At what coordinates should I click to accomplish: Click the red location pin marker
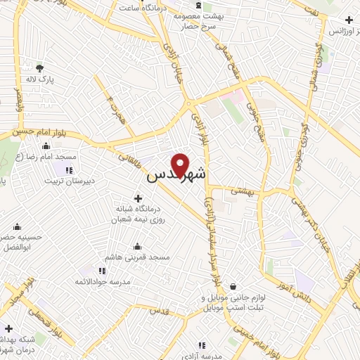pos(181,165)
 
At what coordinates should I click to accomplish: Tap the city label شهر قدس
pos(176,176)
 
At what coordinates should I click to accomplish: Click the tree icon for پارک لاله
pos(39,68)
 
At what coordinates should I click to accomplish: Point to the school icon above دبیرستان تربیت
pos(69,169)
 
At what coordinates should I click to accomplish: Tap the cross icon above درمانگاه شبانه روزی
pos(138,199)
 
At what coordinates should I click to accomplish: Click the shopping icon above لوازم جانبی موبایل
pos(233,286)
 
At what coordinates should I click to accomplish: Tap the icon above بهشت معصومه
pos(199,6)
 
